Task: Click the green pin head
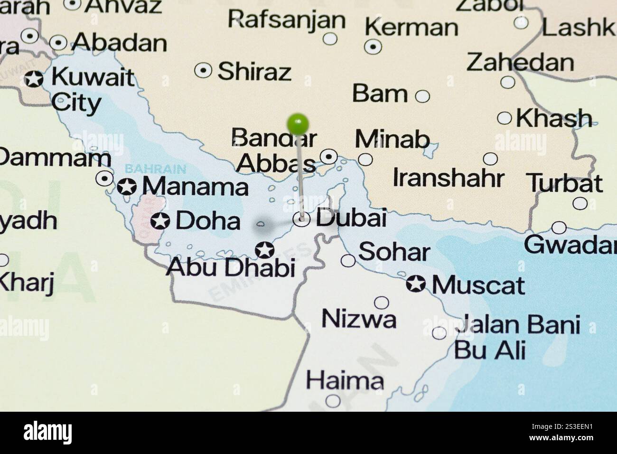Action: tap(298, 124)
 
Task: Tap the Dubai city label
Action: tap(351, 218)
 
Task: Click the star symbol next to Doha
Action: tap(160, 221)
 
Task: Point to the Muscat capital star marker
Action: tap(416, 284)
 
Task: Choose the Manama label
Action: tap(195, 186)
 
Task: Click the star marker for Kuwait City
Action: tap(34, 79)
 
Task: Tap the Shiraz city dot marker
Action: tap(203, 71)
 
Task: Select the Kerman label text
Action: tap(411, 28)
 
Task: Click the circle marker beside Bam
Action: tap(422, 96)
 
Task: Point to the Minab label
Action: tap(392, 139)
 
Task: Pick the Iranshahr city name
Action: tap(448, 178)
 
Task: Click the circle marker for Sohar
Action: tap(348, 260)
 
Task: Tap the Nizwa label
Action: tap(359, 319)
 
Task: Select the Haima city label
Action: tap(345, 380)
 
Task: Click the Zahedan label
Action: tap(520, 62)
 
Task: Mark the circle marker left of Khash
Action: tap(504, 118)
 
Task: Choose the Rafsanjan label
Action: tap(287, 19)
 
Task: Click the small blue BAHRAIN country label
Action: tap(155, 169)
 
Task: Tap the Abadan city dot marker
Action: tap(58, 43)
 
